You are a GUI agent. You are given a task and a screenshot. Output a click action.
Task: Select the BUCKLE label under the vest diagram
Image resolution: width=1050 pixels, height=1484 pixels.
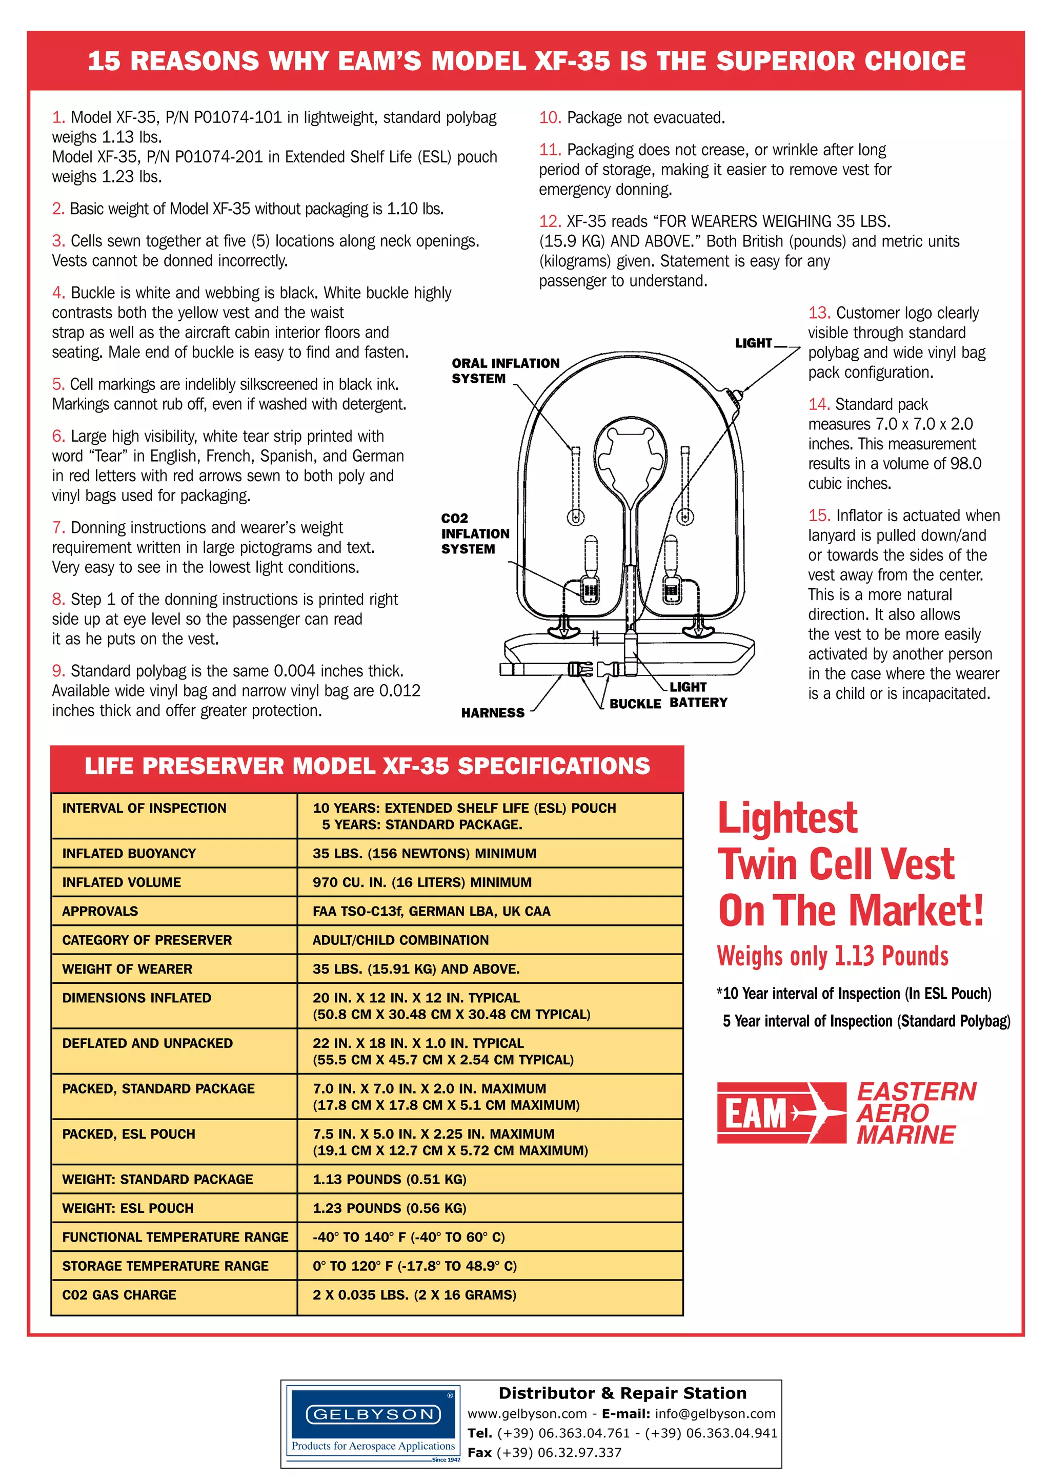634,704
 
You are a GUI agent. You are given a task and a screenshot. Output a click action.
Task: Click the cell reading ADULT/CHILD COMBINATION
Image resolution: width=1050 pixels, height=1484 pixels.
400,940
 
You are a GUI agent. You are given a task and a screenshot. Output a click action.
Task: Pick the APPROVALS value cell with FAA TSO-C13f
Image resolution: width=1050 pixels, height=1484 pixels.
431,911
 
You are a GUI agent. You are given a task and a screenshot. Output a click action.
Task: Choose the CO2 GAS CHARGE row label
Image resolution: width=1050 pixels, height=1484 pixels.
119,1294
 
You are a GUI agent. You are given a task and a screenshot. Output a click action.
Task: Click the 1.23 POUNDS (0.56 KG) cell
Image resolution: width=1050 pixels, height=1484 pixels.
389,1208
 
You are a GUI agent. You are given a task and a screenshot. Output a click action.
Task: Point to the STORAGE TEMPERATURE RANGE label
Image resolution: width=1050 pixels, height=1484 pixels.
165,1266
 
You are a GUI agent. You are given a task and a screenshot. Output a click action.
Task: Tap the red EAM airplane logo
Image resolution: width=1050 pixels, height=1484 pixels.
780,1113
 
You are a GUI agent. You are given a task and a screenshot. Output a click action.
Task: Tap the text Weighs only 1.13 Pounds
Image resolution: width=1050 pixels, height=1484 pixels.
832,955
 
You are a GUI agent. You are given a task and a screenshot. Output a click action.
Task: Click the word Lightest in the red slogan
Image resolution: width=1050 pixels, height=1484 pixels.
787,818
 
